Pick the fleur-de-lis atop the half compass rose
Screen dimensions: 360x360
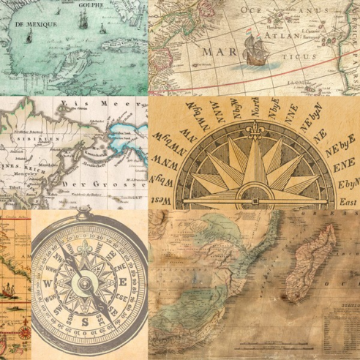[x=252, y=137]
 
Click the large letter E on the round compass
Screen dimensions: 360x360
[x=124, y=282]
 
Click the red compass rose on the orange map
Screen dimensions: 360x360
[x=24, y=331]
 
